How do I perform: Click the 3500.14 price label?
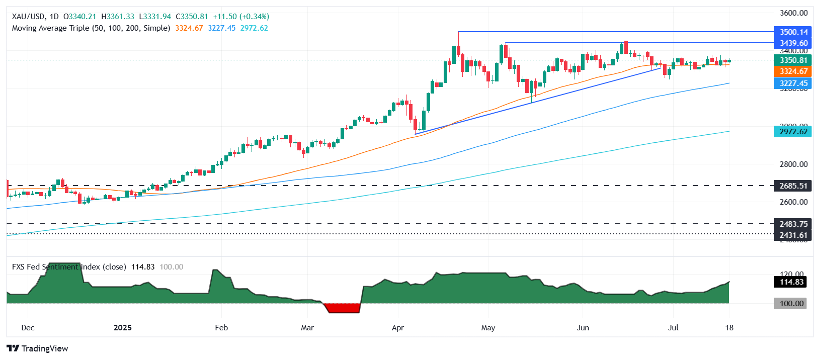pos(793,32)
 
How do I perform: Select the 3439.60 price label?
pos(793,43)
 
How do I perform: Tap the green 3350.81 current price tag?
pos(793,60)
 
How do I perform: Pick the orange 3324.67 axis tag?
pos(793,71)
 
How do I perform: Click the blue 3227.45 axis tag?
pos(793,83)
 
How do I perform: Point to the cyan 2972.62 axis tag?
pos(793,132)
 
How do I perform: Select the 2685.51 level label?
pos(793,186)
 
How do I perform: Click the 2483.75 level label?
pos(793,224)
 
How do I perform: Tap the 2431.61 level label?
pos(793,235)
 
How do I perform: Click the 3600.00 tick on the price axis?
pos(793,13)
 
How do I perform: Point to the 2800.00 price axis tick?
pos(793,164)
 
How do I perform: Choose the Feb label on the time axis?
pos(221,328)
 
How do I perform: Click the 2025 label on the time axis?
pos(123,328)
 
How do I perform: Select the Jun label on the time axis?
pos(583,328)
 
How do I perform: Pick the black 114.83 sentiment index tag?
pos(791,282)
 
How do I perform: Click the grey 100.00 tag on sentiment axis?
pos(791,304)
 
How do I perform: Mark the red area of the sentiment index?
pos(343,308)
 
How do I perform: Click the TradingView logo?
pos(38,348)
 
